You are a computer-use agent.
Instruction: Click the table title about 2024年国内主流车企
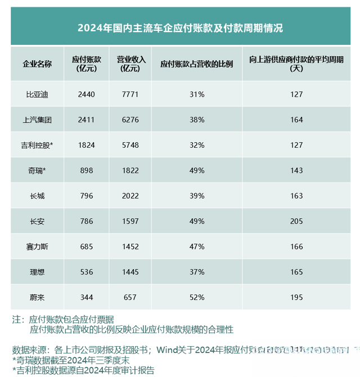pos(179,28)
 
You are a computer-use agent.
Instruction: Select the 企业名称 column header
pos(37,63)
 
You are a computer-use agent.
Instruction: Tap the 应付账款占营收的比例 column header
pos(196,63)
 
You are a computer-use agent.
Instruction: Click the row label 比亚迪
pos(37,94)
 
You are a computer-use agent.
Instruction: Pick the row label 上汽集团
pos(37,120)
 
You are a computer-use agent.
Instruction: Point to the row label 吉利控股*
pos(37,145)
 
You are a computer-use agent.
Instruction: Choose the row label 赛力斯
pos(37,246)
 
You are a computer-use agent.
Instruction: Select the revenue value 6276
pos(130,120)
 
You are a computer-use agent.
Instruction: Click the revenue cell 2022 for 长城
pos(130,196)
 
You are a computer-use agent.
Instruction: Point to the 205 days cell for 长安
pos(296,221)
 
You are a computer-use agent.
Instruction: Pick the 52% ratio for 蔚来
pos(196,297)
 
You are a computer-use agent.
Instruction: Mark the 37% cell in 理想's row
pos(196,271)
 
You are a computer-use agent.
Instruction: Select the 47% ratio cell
pos(196,246)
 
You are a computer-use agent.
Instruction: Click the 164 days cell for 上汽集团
pos(296,120)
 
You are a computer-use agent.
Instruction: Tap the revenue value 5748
pos(130,145)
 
